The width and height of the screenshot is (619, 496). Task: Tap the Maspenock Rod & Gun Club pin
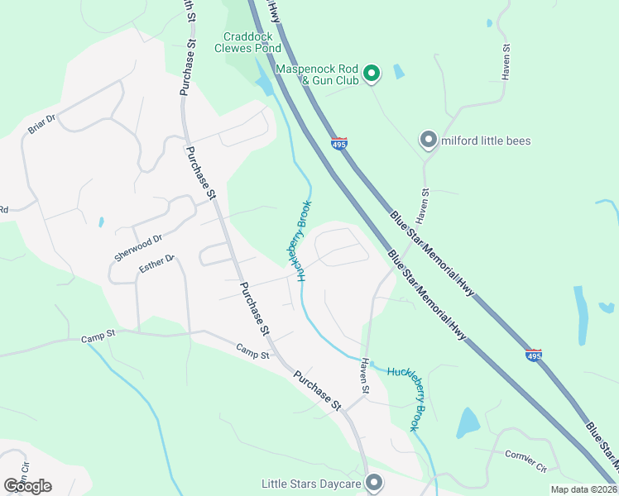372,74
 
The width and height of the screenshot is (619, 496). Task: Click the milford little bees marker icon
428,140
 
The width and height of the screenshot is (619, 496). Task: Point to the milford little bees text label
486,141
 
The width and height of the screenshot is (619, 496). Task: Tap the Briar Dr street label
41,125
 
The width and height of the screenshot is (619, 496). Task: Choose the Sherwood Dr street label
138,246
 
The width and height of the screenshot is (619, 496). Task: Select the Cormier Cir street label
526,460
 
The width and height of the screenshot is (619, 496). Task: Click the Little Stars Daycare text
313,484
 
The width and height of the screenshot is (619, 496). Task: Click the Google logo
27,486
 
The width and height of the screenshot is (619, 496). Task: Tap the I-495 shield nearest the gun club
339,143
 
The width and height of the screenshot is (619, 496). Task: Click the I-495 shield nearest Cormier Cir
534,355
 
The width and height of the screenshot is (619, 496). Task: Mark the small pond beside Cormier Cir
468,422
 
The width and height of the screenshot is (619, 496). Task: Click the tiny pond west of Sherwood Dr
100,222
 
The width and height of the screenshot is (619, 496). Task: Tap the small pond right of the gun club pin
400,71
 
